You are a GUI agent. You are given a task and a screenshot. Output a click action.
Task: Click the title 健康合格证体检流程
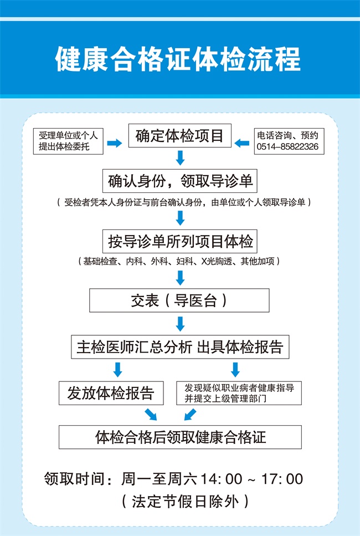click(x=178, y=59)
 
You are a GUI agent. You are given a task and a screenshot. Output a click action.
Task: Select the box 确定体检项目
click(x=179, y=136)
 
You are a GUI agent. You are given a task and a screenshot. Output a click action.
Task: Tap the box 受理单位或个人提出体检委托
click(x=68, y=141)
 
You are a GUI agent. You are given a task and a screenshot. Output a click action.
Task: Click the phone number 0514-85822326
click(x=287, y=147)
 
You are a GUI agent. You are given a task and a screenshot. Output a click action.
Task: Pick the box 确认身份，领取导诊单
click(x=179, y=181)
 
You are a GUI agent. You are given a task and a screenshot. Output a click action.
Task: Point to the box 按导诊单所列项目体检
click(x=179, y=241)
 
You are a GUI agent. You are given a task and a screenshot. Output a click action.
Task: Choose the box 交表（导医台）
click(x=179, y=300)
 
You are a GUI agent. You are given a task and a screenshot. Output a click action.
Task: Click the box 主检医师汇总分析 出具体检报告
click(x=180, y=347)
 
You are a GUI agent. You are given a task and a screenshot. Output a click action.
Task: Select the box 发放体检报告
click(x=111, y=393)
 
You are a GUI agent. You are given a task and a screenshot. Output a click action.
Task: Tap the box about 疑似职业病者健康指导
click(x=239, y=393)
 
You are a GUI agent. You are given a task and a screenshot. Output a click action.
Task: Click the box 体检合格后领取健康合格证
click(x=180, y=437)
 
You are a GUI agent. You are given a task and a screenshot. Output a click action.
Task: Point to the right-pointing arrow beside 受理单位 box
click(x=115, y=143)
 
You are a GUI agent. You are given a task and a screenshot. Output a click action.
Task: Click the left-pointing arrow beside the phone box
click(x=242, y=143)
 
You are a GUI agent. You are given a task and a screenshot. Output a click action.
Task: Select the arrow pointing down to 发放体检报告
click(x=118, y=370)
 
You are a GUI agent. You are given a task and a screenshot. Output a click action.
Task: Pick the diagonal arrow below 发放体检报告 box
click(x=151, y=414)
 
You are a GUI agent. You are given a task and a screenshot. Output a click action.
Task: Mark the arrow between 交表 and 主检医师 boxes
click(x=181, y=324)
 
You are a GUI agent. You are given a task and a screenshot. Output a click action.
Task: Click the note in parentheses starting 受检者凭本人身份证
click(x=184, y=202)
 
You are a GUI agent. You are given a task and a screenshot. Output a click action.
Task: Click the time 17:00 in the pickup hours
click(x=282, y=479)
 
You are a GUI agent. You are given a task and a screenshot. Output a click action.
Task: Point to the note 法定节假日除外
click(x=185, y=502)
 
